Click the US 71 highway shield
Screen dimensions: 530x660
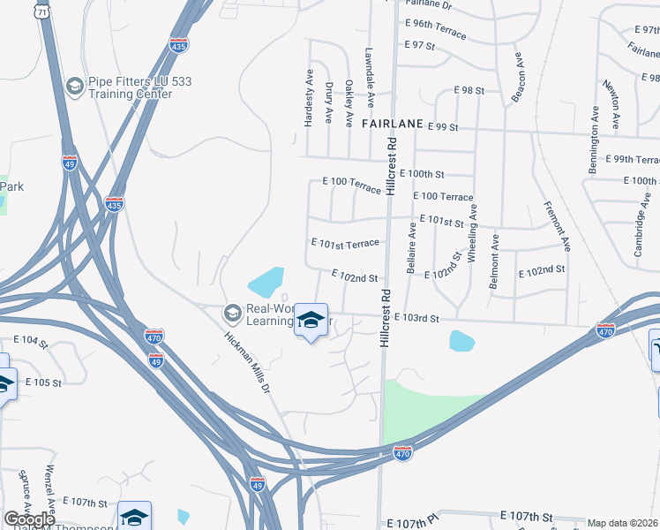pos(42,11)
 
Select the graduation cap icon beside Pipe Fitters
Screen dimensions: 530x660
pos(74,87)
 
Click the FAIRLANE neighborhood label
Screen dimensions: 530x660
pos(393,125)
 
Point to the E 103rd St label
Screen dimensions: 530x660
pos(416,317)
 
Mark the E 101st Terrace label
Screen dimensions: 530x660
pos(345,242)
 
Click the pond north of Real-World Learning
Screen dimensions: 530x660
pos(266,283)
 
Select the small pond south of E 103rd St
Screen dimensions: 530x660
pos(461,340)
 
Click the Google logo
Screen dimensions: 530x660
pos(29,519)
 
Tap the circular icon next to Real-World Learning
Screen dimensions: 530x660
pos(232,314)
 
